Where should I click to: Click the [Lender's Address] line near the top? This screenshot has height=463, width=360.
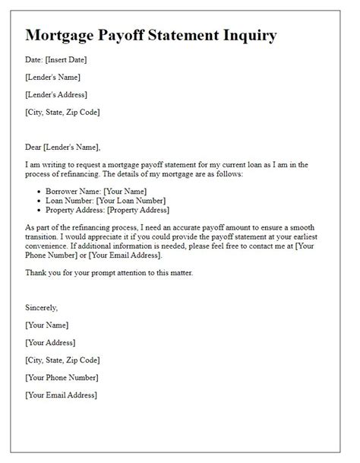pyautogui.click(x=55, y=94)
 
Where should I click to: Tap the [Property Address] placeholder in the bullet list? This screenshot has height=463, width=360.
pyautogui.click(x=138, y=210)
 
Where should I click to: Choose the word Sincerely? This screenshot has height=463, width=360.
pyautogui.click(x=42, y=308)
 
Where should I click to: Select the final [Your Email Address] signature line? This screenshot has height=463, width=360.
pyautogui.click(x=61, y=395)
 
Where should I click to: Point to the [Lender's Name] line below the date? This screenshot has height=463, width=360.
pyautogui.click(x=52, y=77)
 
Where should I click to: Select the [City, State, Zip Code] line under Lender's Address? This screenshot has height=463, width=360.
pyautogui.click(x=62, y=112)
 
